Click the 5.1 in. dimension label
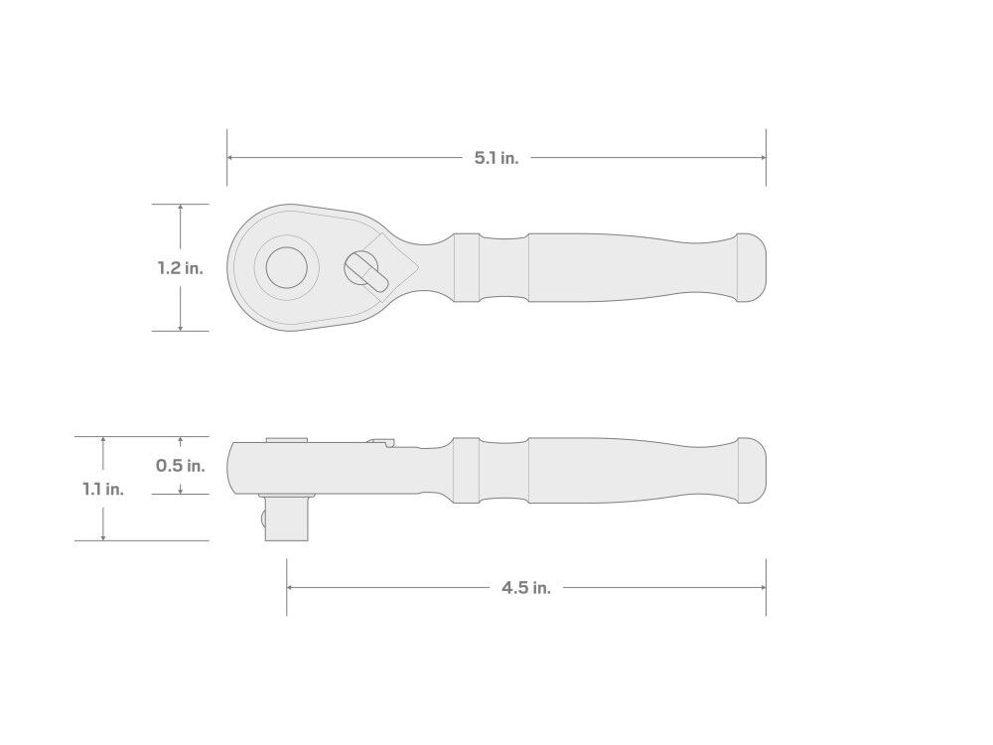click(496, 158)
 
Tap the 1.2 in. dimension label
click(181, 268)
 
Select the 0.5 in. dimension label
click(181, 466)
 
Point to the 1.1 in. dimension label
click(103, 489)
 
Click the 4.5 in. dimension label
click(526, 588)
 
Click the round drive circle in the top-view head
click(287, 267)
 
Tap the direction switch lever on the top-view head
click(367, 271)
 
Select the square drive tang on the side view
click(286, 519)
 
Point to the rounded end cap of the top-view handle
click(752, 267)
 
